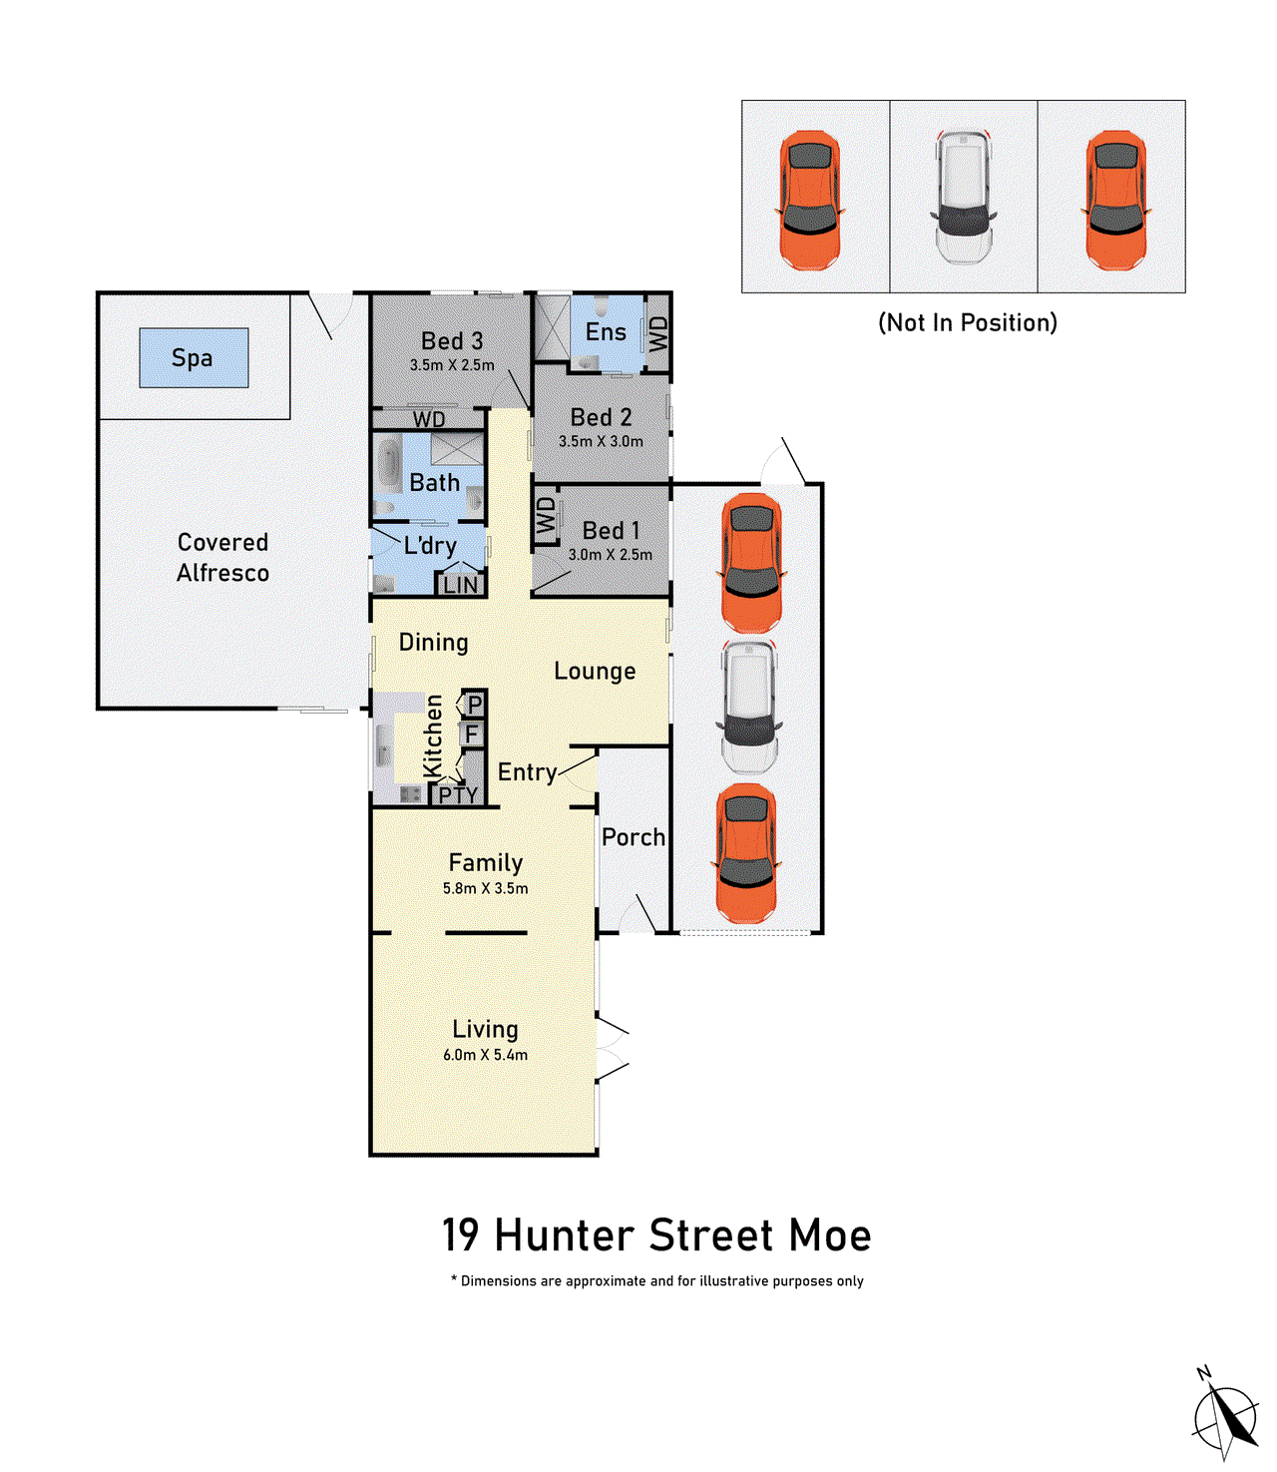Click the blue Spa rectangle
tap(194, 357)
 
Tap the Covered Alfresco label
tap(222, 557)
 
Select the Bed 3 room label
tap(452, 341)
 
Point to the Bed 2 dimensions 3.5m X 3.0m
tap(601, 441)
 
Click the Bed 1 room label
tap(611, 531)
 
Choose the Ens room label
tap(606, 332)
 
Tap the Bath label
tap(435, 483)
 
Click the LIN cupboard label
tap(460, 586)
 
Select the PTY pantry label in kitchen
tap(458, 794)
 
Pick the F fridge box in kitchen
tap(472, 736)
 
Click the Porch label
tap(633, 837)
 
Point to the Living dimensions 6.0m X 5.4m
tap(486, 1055)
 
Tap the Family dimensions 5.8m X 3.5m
tap(486, 888)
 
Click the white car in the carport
tap(749, 707)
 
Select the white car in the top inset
tap(963, 197)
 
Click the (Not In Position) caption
tap(967, 322)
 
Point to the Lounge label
tap(595, 672)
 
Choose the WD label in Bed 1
tap(546, 517)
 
